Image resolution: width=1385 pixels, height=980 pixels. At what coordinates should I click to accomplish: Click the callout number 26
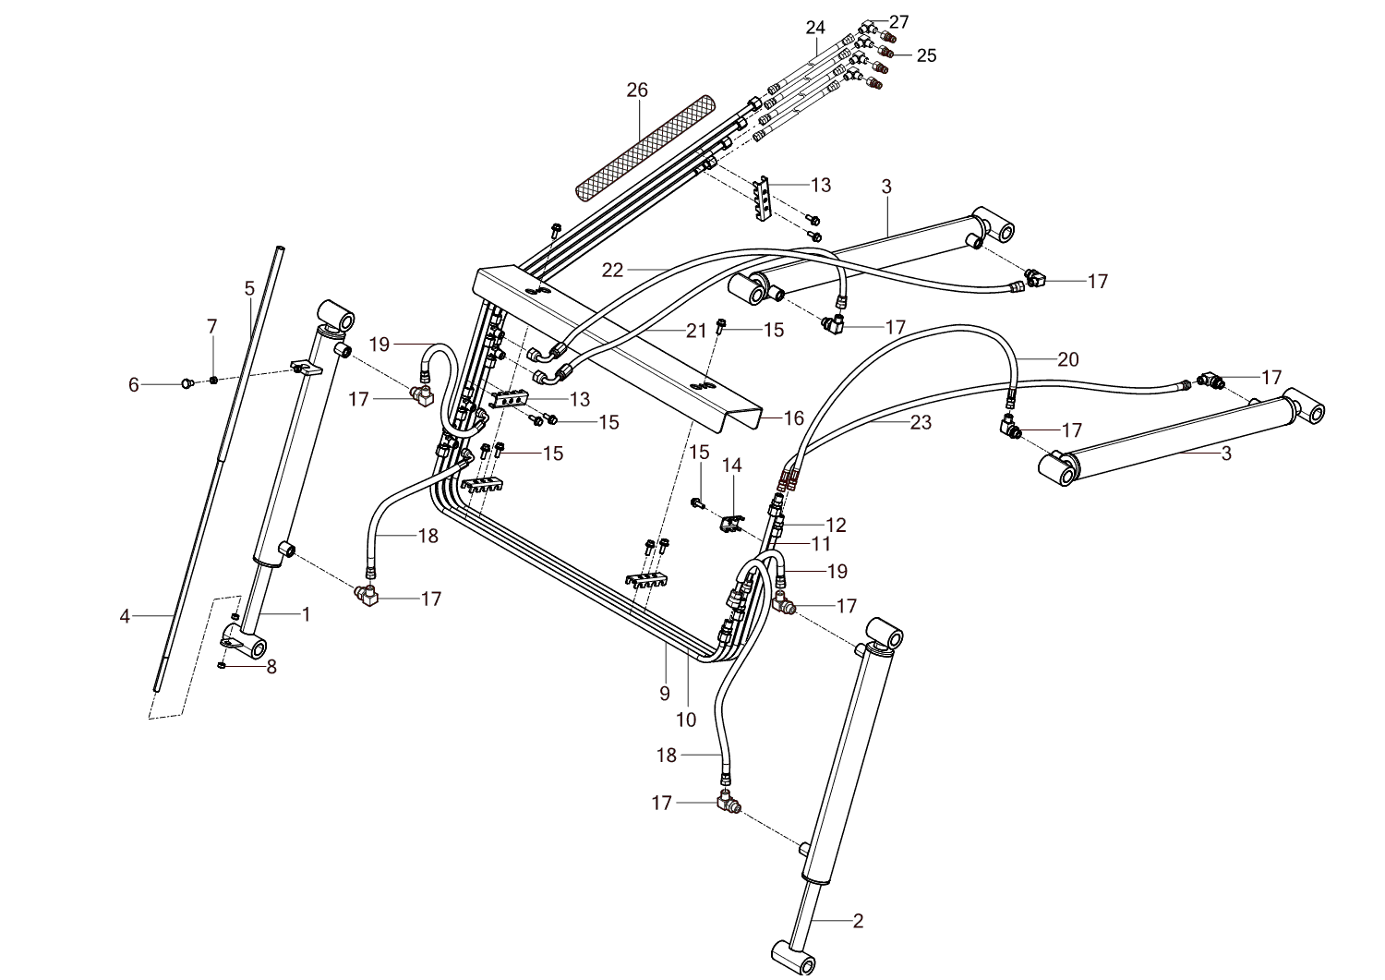pos(637,90)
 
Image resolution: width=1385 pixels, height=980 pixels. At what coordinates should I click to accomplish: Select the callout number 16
pos(794,418)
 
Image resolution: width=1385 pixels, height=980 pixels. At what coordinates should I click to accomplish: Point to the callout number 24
pos(814,28)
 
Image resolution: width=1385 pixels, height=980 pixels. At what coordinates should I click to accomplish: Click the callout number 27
pos(898,22)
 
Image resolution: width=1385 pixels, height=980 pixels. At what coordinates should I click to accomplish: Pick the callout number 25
pos(926,55)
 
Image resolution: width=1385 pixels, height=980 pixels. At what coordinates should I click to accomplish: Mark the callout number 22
pos(612,270)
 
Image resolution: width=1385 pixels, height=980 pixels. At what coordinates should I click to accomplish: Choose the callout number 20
pos(1067,359)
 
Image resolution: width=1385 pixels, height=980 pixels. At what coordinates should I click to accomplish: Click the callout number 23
pos(921,422)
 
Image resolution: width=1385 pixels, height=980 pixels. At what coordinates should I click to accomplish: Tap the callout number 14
pos(732,465)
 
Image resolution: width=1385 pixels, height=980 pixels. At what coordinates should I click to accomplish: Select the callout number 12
pos(836,525)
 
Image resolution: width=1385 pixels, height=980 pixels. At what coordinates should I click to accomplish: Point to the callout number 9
pos(665,694)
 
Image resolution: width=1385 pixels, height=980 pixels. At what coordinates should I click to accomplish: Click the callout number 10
pos(687,720)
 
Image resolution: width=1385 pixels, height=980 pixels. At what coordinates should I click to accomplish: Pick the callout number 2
pos(858,920)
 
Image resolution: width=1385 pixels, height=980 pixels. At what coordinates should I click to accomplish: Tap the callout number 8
pos(271,666)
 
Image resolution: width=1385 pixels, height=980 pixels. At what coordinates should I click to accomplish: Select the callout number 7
pos(212,326)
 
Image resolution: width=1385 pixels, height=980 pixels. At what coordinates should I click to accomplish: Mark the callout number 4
pos(126,615)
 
